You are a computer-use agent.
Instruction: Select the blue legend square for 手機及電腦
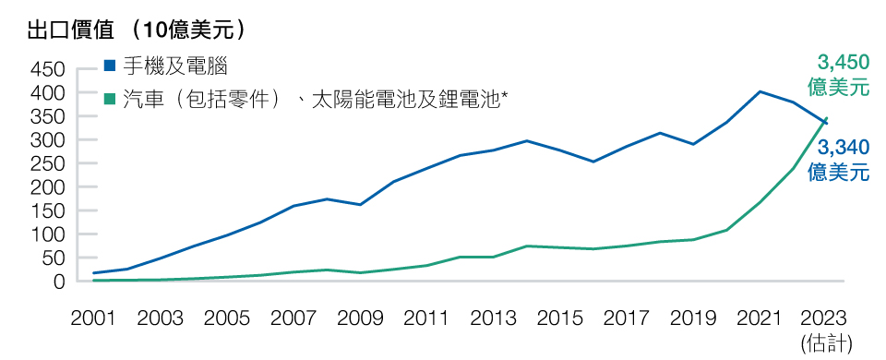[x=110, y=66]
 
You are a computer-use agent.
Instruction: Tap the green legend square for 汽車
[x=110, y=97]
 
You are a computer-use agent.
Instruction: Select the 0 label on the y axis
[x=58, y=282]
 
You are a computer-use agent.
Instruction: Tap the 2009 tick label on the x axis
[x=360, y=318]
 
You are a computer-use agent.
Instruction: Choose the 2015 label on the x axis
[x=559, y=318]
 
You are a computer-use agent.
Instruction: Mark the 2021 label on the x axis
[x=760, y=318]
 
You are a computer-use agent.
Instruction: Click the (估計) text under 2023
[x=826, y=342]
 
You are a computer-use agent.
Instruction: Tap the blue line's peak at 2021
[x=760, y=91]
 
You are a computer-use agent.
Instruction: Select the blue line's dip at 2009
[x=360, y=204]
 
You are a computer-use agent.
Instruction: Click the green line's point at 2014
[x=526, y=246]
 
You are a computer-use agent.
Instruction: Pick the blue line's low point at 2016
[x=593, y=162]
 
